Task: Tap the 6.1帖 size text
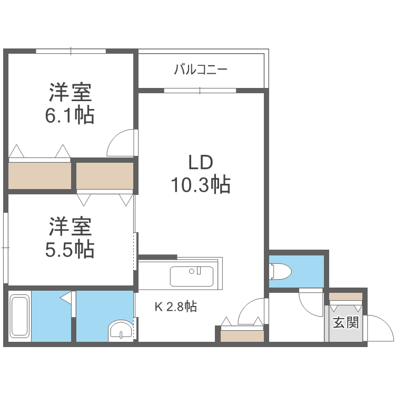coord(70,114)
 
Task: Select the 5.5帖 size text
coord(70,248)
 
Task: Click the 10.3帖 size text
coord(200,184)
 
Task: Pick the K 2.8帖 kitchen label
coord(175,307)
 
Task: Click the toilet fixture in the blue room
coord(281,272)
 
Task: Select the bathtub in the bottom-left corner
coord(19,316)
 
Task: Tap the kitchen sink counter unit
coord(192,276)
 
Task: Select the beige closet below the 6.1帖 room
coord(40,175)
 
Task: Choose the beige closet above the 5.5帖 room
coord(105,175)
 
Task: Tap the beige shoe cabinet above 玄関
coord(345,297)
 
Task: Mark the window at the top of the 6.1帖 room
coord(71,51)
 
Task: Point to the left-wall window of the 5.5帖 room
coord(5,246)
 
